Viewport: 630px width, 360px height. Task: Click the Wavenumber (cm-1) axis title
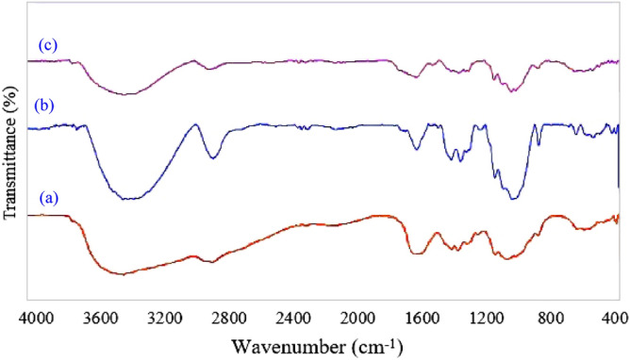322,345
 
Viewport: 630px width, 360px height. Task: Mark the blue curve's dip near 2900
213,157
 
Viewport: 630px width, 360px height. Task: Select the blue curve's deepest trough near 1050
513,198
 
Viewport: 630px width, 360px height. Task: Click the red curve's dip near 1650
416,253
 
